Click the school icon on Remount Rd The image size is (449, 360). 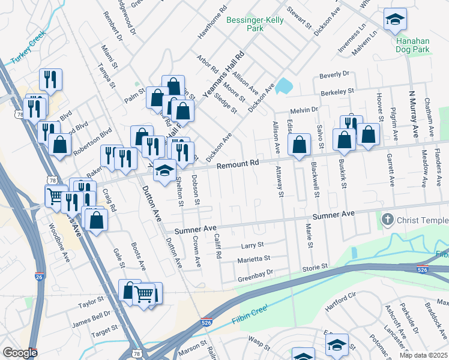164,171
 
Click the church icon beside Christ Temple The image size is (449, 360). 387,220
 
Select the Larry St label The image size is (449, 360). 252,245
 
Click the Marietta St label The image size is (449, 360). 255,259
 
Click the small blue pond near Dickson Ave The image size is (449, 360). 283,86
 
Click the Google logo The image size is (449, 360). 19,353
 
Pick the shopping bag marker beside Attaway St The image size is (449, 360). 298,145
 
